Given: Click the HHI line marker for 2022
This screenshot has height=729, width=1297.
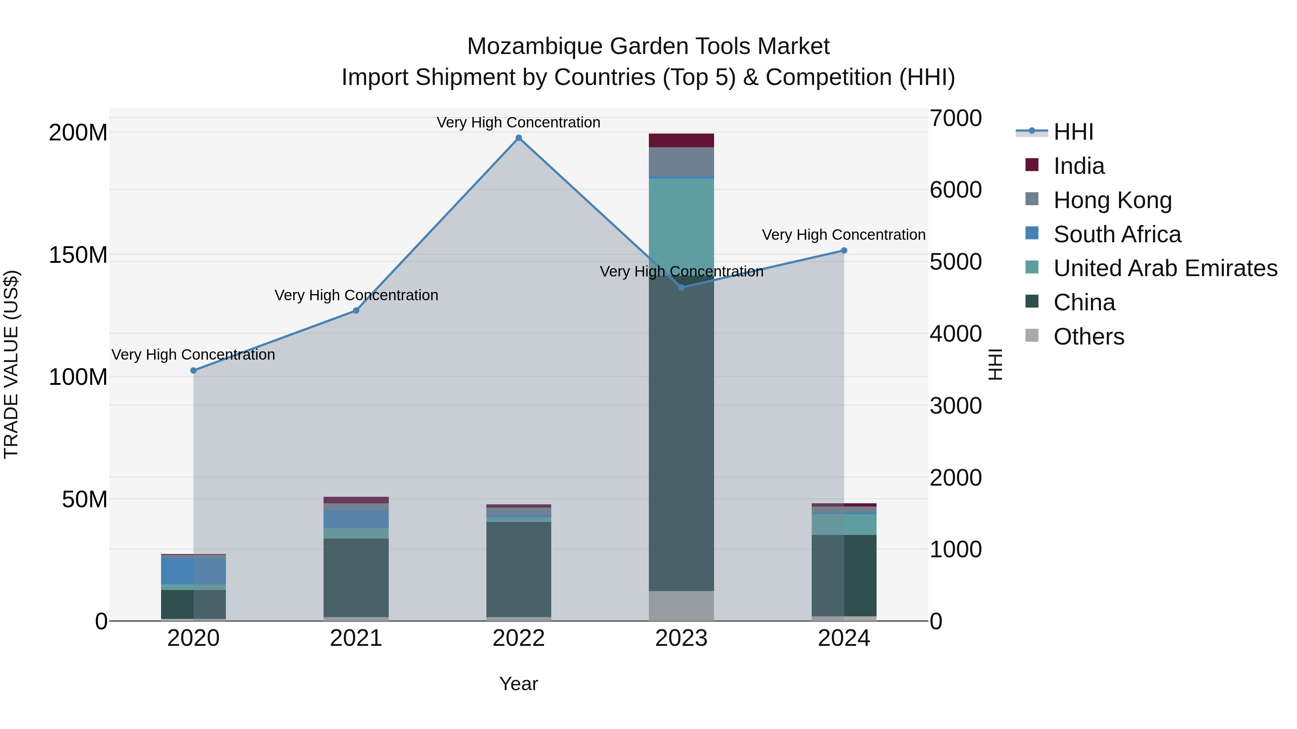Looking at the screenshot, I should [518, 138].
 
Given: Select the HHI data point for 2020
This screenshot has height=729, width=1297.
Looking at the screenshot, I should [193, 370].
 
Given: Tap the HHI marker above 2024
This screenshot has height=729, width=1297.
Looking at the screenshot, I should [844, 251].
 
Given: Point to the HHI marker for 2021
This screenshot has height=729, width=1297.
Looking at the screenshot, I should [356, 310].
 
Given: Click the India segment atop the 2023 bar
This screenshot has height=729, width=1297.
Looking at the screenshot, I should [681, 140].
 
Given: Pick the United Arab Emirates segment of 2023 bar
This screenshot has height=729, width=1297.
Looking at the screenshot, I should [681, 221].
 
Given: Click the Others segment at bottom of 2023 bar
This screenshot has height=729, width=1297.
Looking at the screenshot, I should [681, 606].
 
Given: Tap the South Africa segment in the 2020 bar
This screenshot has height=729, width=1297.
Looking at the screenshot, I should [193, 571].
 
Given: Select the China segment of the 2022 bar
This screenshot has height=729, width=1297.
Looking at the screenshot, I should [518, 568].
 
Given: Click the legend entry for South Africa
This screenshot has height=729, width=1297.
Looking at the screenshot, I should [1117, 234].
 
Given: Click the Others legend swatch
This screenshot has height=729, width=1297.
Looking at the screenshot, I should [1032, 336].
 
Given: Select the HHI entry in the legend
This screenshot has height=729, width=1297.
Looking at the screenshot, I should [1073, 132].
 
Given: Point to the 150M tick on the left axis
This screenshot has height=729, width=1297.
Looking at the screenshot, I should [78, 255].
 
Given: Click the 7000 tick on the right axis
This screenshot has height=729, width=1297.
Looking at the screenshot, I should [955, 119].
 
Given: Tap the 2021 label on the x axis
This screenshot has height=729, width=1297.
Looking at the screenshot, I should [356, 638].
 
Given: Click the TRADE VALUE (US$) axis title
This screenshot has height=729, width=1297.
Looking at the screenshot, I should [11, 364].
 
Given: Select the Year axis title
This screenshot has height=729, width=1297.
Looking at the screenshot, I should [518, 684].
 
